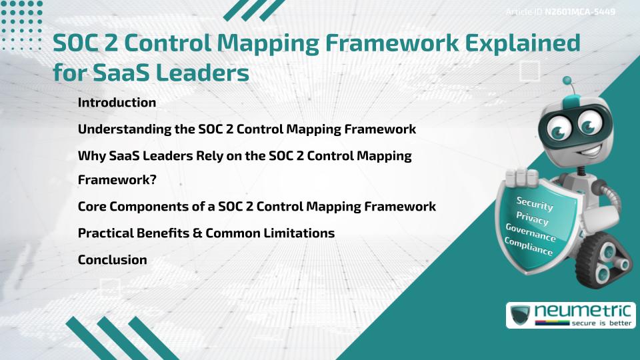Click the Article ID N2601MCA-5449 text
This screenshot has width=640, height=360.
coord(559,12)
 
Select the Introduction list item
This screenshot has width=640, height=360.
coord(117,103)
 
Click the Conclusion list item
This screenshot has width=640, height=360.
coord(112,260)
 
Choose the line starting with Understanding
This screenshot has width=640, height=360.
coord(247,129)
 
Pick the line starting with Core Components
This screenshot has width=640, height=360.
coord(257,207)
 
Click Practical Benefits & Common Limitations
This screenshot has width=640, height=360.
coord(206,233)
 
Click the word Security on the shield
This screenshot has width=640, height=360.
coord(535,204)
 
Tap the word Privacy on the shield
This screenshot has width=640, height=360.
coord(532,219)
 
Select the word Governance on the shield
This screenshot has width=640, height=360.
coord(530,233)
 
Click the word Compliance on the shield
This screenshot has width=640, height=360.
coord(529,247)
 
